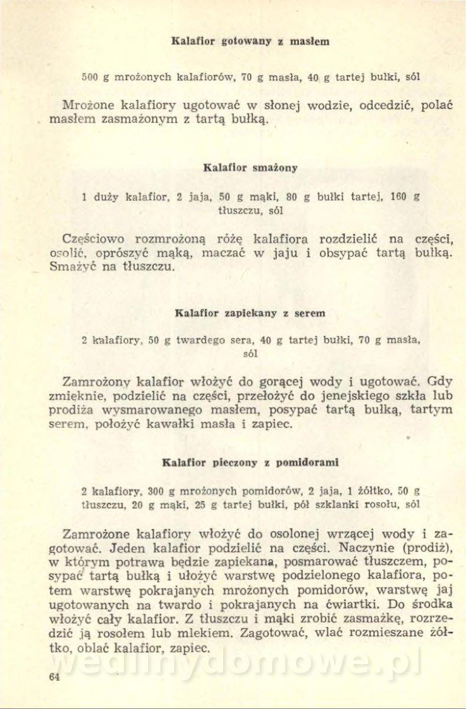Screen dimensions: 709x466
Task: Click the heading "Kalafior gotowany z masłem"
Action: coord(250,41)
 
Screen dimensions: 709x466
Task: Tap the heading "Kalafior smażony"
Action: coord(250,167)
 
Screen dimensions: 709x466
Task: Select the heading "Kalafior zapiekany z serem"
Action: coord(250,313)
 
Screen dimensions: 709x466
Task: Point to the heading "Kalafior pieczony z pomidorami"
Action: coord(250,462)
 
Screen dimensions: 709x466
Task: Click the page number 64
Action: coord(54,677)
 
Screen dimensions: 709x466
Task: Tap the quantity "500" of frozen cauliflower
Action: coord(89,77)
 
